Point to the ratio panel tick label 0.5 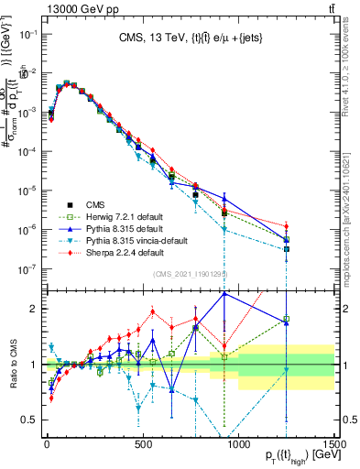(x=30, y=420)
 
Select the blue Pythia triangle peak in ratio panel (x=224, y=293)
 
